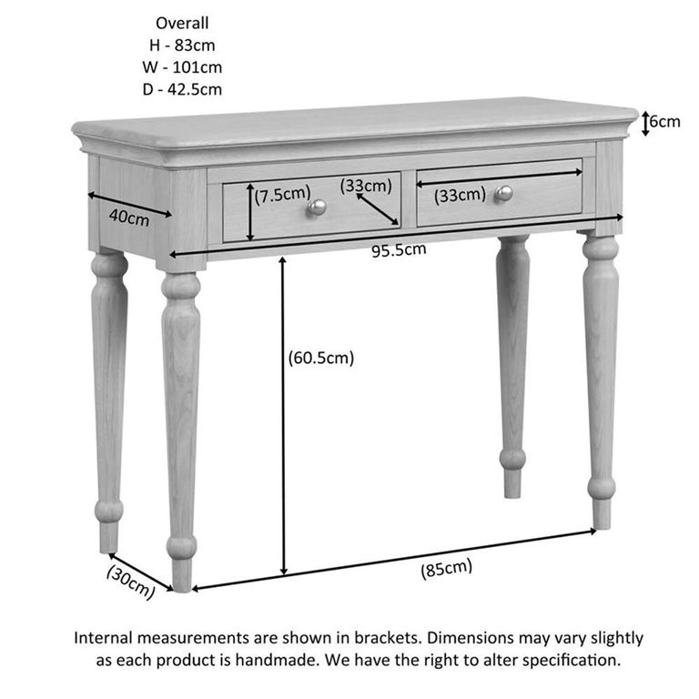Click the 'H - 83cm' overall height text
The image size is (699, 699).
point(183,45)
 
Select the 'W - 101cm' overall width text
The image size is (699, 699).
point(183,66)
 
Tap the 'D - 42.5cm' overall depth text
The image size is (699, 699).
point(183,88)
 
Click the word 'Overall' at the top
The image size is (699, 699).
point(182,23)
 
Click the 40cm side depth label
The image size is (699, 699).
point(128,218)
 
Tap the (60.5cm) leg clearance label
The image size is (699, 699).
point(319,358)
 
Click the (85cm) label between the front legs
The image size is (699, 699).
point(446,569)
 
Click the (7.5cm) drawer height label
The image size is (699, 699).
point(283,194)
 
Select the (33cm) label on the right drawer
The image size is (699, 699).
point(459,195)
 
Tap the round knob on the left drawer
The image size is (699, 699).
point(316,208)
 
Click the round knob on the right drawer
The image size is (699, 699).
point(503,193)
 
